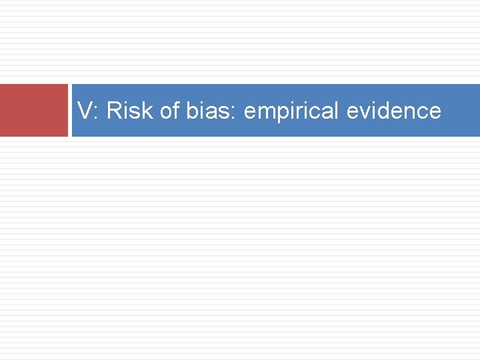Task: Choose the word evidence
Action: point(394,111)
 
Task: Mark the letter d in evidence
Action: point(385,111)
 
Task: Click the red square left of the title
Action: point(33,110)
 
